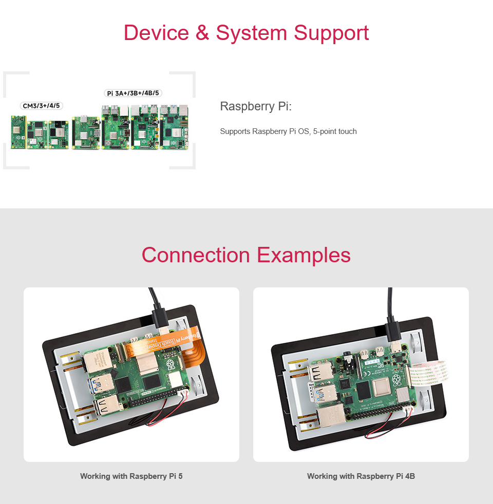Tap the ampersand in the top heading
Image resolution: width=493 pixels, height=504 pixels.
202,33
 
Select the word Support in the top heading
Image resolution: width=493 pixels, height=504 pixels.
331,33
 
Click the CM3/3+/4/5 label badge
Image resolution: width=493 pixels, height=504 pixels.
42,106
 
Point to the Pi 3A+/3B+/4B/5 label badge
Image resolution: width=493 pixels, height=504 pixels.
133,93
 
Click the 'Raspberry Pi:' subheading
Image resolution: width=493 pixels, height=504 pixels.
256,107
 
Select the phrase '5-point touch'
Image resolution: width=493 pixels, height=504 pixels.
334,131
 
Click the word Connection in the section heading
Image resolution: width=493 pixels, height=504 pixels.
196,255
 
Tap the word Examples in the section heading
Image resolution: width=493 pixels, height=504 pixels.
304,255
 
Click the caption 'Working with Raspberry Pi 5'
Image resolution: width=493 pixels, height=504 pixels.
131,476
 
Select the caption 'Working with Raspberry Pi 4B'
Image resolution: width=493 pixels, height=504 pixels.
361,476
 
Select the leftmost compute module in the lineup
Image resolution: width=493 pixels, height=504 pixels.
18,132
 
